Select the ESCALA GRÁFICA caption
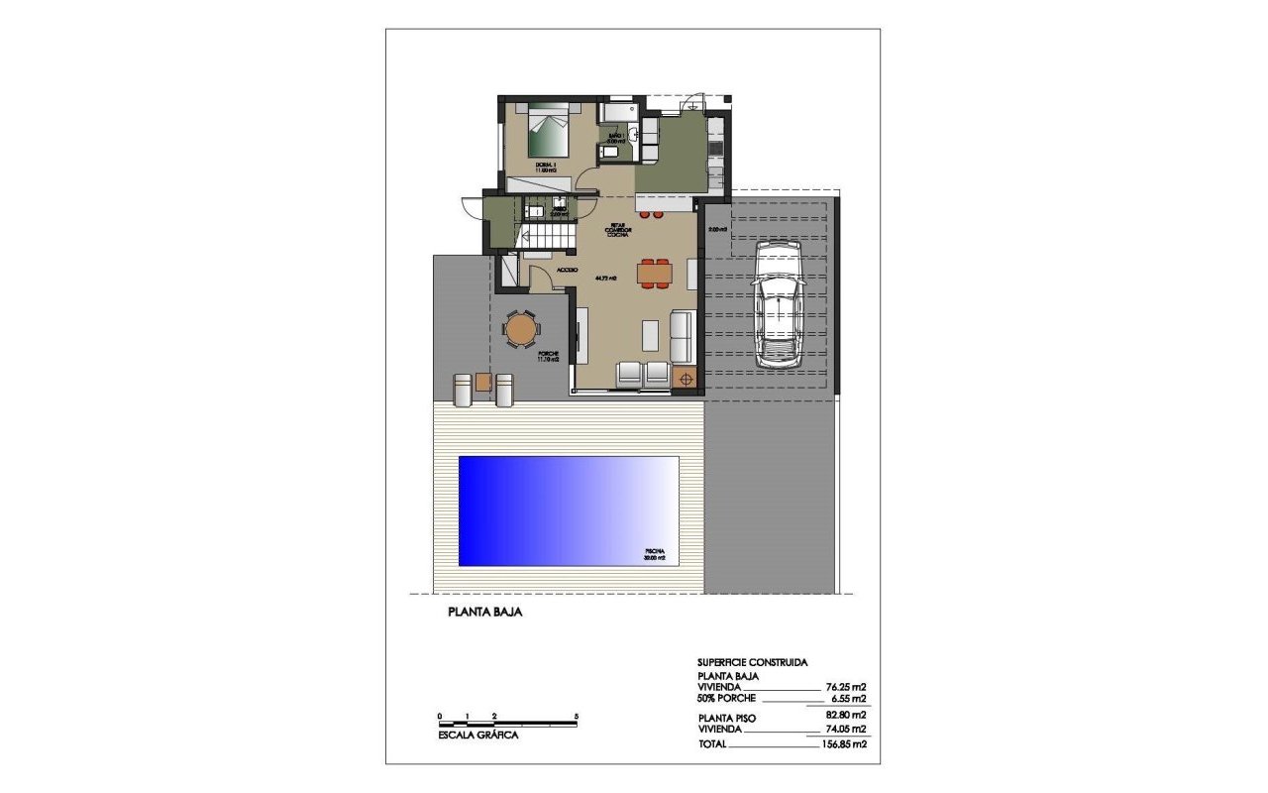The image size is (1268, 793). (477, 736)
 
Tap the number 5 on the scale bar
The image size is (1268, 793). (575, 716)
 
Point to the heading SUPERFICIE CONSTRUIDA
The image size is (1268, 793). (753, 661)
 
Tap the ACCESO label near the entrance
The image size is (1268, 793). (567, 270)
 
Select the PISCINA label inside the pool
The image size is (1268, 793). (654, 551)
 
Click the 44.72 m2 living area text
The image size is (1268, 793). (606, 279)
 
